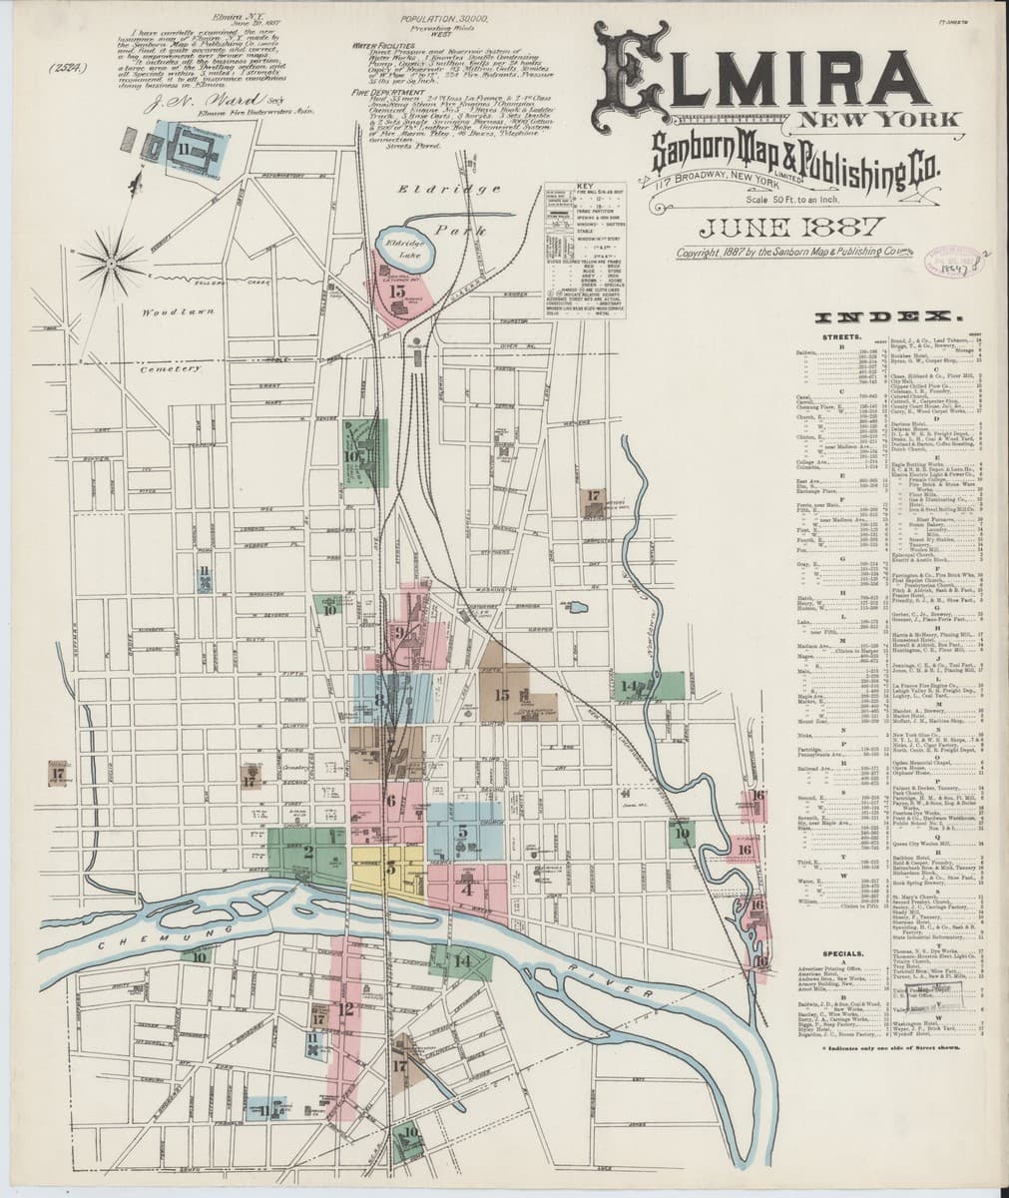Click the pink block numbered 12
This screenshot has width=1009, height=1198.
click(345, 1008)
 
